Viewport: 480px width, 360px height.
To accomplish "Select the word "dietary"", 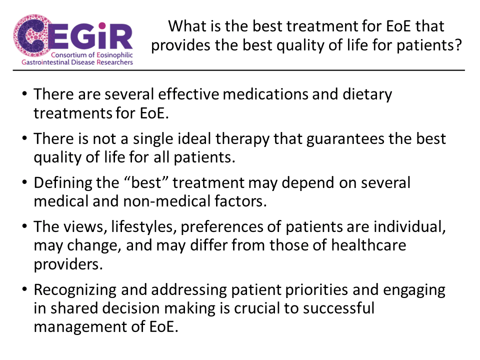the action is point(367,95).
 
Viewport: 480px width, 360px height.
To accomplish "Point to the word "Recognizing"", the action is point(75,290).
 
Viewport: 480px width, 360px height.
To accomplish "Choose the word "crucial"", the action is point(256,308).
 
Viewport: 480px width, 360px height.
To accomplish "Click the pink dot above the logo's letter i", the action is point(102,25).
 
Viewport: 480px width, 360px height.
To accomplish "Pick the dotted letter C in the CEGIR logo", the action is point(31,35).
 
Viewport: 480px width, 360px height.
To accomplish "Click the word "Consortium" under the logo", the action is point(69,55).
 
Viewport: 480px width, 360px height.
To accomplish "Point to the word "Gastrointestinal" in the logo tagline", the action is point(45,62).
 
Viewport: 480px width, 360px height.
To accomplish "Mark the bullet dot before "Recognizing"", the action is point(24,289).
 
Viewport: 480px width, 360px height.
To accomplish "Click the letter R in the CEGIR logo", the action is point(121,37).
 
